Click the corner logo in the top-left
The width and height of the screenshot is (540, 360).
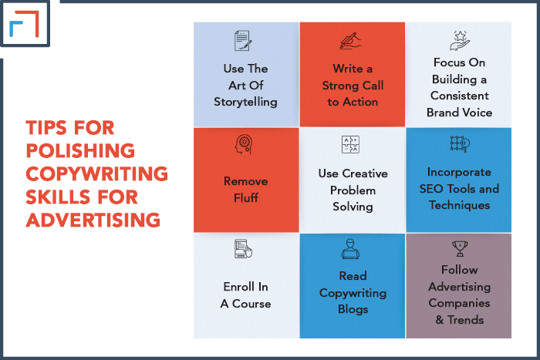(25, 23)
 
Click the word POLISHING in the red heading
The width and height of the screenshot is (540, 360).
(80, 151)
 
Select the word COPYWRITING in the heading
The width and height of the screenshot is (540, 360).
(96, 173)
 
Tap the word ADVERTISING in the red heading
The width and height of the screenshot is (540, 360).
(93, 220)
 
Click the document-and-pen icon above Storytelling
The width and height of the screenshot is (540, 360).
(243, 41)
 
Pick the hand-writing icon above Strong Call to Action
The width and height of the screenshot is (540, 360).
(350, 41)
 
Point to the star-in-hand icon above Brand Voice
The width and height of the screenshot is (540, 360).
(460, 41)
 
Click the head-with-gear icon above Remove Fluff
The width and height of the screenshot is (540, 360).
(244, 144)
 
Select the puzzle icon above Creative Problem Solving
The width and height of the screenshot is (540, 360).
(350, 144)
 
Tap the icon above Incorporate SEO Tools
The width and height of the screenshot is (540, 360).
(460, 144)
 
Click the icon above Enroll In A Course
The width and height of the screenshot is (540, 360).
(243, 249)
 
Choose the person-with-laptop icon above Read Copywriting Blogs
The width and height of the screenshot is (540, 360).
(350, 248)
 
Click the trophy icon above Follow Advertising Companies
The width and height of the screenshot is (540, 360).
(460, 248)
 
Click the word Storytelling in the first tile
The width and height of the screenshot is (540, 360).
(245, 103)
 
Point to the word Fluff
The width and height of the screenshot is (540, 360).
(246, 198)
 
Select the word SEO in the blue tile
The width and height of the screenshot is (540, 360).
(430, 189)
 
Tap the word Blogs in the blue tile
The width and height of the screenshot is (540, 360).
(353, 309)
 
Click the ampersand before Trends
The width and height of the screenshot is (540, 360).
(440, 320)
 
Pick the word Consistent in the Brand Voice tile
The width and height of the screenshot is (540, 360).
(460, 96)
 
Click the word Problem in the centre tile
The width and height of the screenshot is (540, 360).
(353, 190)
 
